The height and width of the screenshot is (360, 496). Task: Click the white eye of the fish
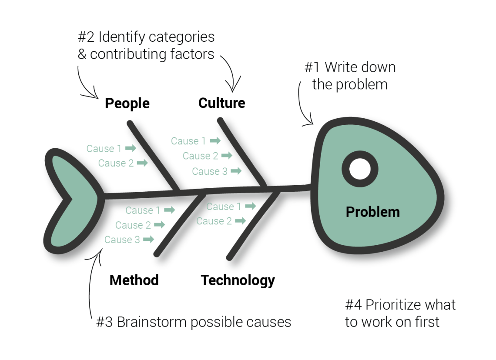[360, 168]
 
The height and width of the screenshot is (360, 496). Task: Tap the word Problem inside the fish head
[372, 212]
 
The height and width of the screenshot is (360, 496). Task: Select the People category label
[127, 103]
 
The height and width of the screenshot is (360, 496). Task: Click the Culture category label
[221, 103]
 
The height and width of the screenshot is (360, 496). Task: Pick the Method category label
[134, 280]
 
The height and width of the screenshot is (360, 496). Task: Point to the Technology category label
[238, 280]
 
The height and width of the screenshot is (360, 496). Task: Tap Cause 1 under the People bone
[104, 149]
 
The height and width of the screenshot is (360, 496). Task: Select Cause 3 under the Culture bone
[210, 171]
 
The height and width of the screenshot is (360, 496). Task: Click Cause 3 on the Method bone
[122, 240]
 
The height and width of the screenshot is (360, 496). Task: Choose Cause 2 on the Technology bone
[214, 221]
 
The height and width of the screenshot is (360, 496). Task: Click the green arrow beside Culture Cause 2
[226, 156]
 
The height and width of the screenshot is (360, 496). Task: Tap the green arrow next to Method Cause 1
[169, 210]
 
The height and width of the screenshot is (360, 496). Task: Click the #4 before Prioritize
[353, 305]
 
